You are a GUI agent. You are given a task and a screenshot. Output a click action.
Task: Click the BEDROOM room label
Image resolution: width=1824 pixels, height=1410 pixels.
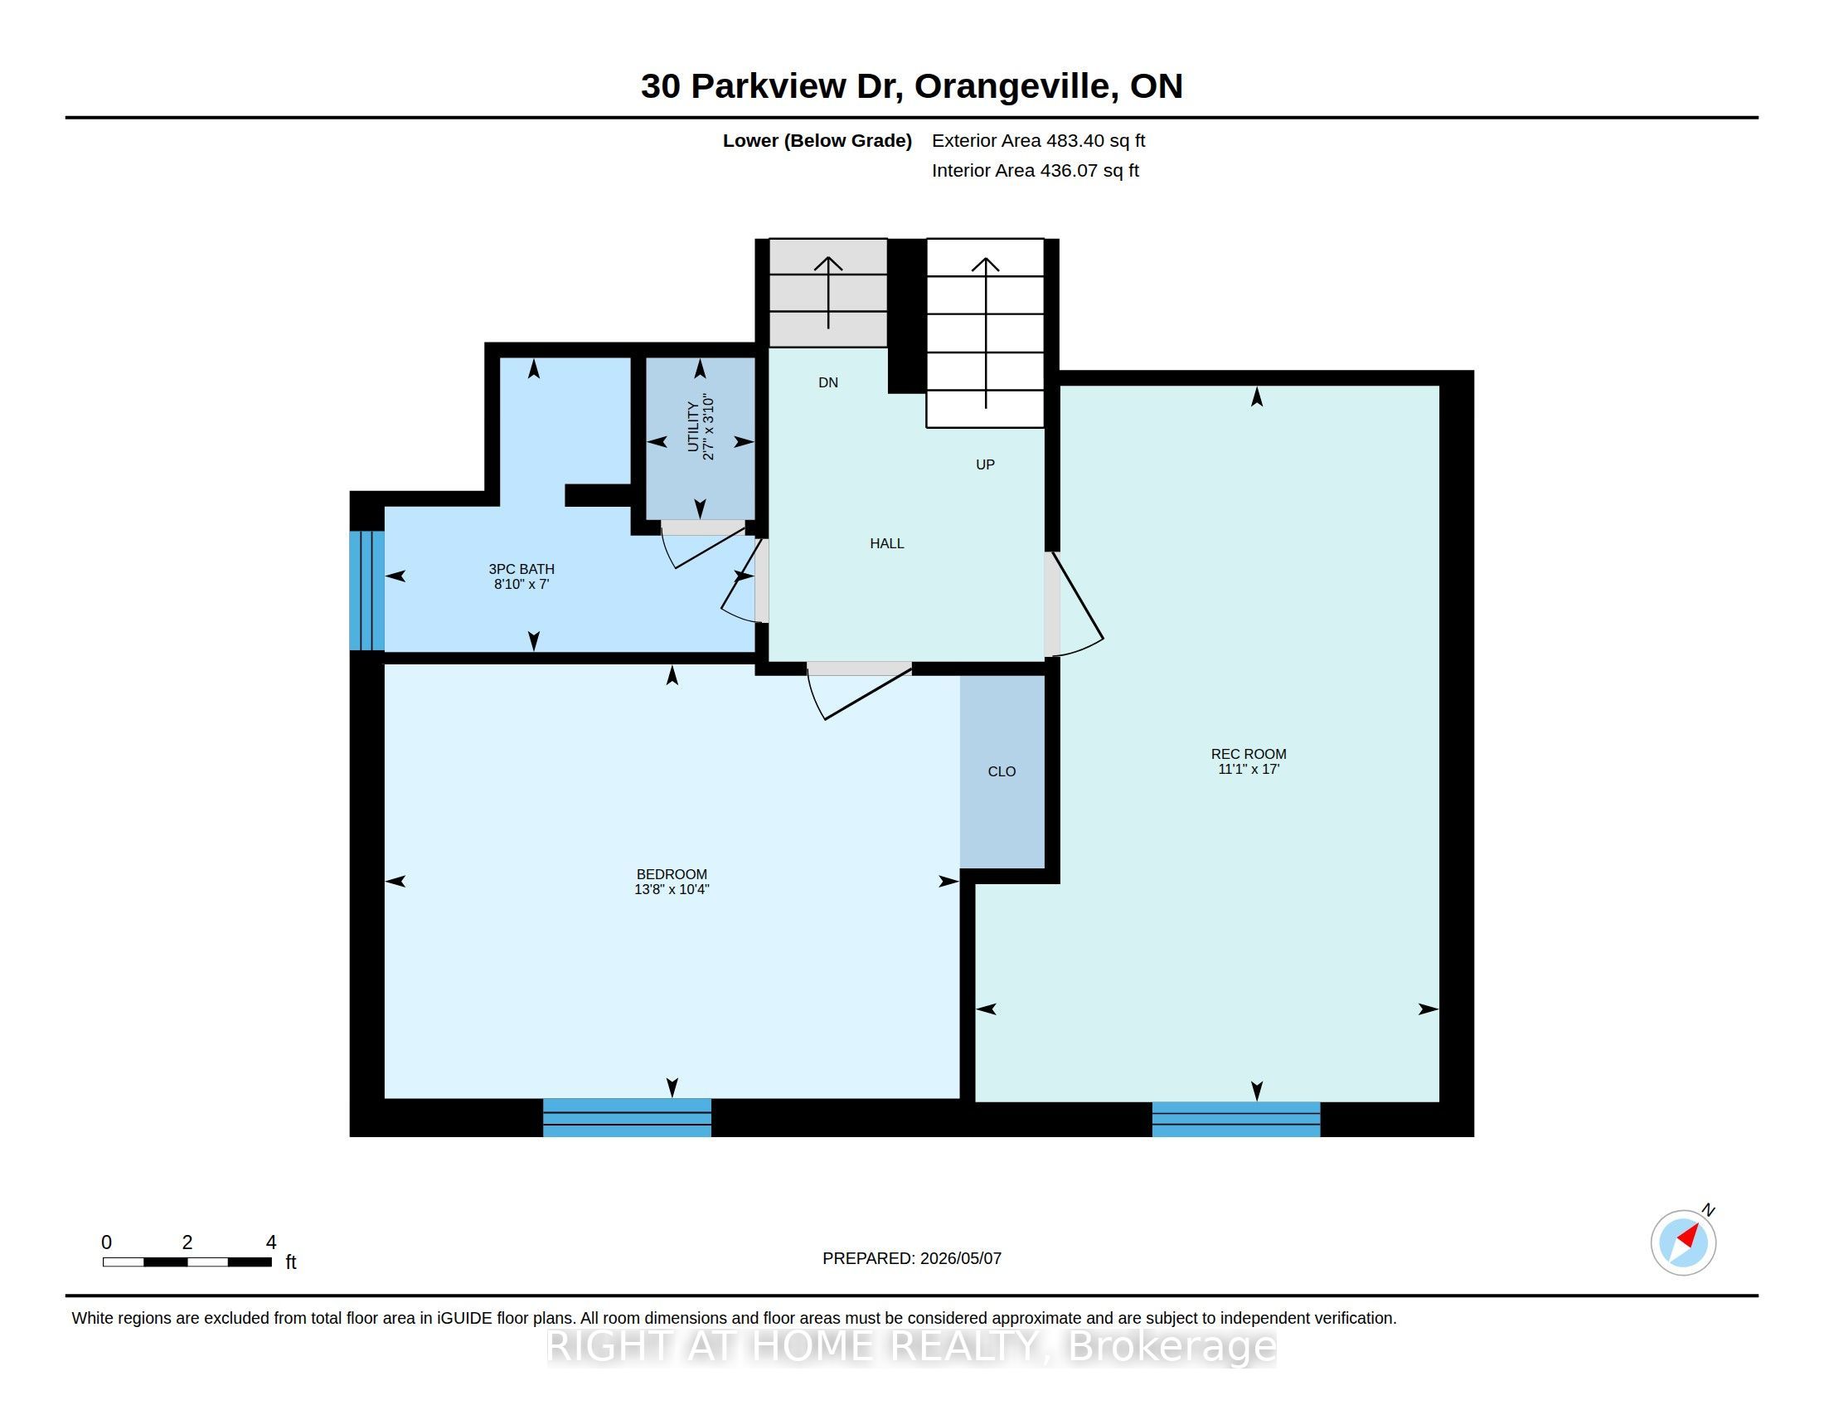tap(672, 874)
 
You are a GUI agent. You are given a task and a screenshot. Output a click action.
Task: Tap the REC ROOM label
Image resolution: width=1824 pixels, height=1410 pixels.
tap(1249, 754)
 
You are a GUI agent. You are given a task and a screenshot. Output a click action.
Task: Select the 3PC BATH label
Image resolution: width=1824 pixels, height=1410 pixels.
tap(521, 569)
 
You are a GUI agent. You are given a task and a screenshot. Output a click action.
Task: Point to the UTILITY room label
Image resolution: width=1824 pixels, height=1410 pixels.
tap(692, 427)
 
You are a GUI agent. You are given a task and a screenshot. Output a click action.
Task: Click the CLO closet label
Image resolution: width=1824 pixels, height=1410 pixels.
tap(1002, 772)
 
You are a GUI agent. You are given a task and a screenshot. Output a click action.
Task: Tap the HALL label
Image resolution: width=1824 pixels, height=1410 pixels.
tap(887, 544)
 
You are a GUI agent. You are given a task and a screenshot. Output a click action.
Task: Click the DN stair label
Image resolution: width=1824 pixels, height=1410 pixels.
tap(827, 382)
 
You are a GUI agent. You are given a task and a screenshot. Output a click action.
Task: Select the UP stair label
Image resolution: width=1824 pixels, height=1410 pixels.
tap(986, 464)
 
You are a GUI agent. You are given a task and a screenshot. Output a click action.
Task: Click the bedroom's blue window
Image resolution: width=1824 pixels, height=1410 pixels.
tap(628, 1118)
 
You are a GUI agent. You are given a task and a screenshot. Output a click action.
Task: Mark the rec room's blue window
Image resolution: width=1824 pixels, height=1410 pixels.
tap(1236, 1120)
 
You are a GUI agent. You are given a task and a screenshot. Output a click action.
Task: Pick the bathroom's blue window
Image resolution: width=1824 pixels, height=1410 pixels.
tap(366, 591)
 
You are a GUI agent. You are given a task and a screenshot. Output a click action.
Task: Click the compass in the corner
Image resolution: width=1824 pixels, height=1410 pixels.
tap(1684, 1242)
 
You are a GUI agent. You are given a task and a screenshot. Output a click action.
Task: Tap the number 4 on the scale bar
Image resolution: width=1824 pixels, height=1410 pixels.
tap(270, 1242)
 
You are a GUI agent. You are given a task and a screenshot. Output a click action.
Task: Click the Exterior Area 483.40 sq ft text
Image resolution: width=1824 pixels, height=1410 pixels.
tap(1038, 140)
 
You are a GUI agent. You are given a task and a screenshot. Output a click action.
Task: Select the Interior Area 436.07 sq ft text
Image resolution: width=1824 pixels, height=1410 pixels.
tap(1035, 170)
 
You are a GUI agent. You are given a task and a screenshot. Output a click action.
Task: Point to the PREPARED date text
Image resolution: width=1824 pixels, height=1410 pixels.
tap(912, 1258)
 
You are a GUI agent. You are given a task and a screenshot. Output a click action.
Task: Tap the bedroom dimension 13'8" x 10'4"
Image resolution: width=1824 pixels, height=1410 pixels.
tap(672, 890)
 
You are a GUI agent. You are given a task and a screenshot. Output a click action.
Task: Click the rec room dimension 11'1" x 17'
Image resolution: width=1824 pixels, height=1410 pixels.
tap(1249, 770)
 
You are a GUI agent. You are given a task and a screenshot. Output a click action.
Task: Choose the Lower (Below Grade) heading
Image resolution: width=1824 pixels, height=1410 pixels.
tap(817, 140)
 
